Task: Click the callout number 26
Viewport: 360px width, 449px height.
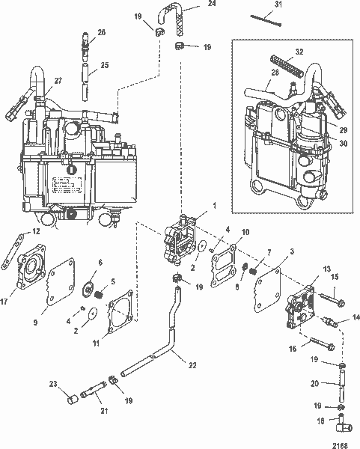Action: (x=102, y=32)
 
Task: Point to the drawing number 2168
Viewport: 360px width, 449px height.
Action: (x=343, y=442)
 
